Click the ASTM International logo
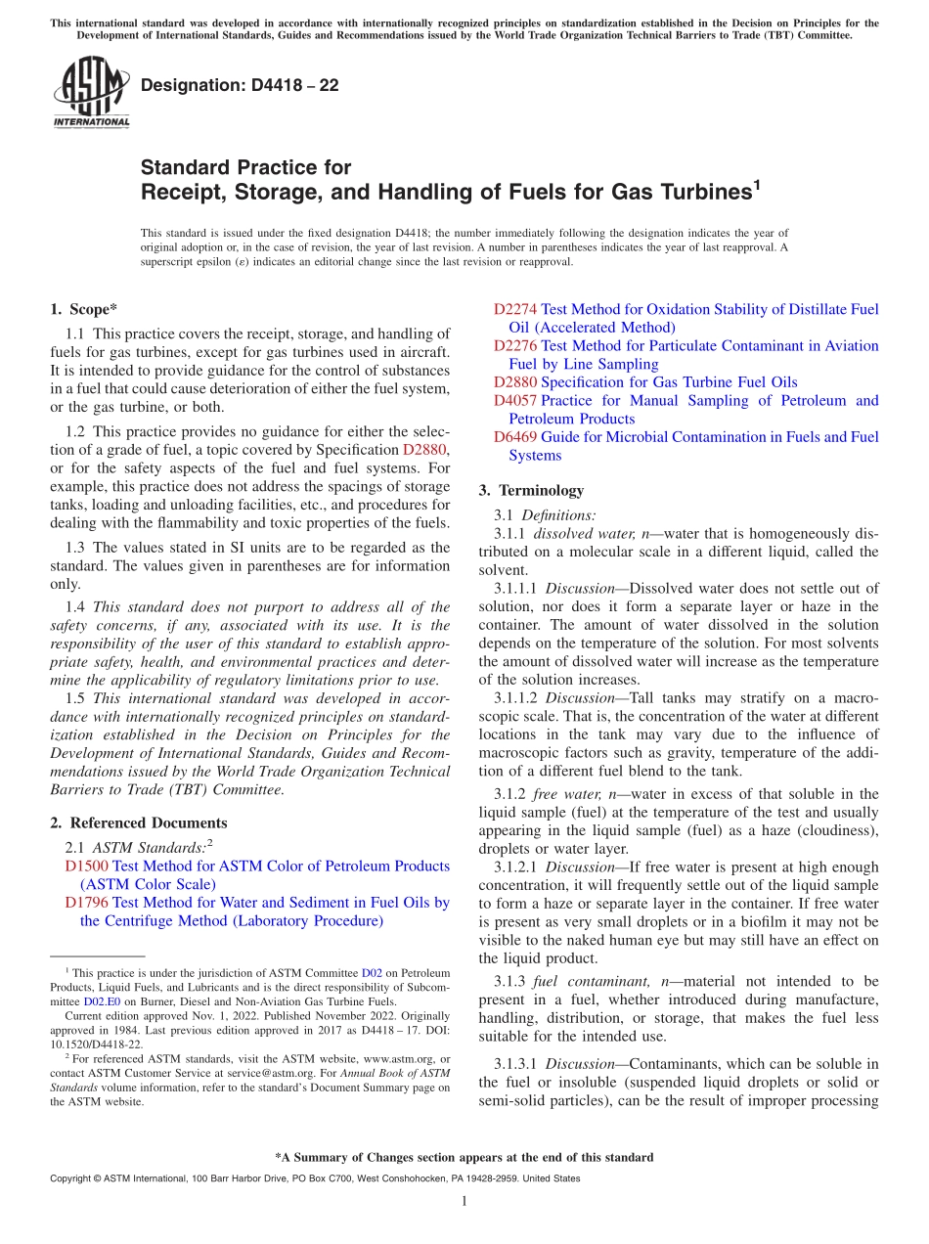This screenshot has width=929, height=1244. [x=91, y=92]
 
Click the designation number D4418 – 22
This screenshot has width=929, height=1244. [x=240, y=85]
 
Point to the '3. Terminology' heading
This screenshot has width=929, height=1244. [x=531, y=490]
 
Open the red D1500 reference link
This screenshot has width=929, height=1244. [x=86, y=866]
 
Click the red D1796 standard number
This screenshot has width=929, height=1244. [x=86, y=903]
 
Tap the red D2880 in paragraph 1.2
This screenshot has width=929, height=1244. [x=424, y=450]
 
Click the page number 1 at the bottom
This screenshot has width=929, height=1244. [x=464, y=1201]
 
